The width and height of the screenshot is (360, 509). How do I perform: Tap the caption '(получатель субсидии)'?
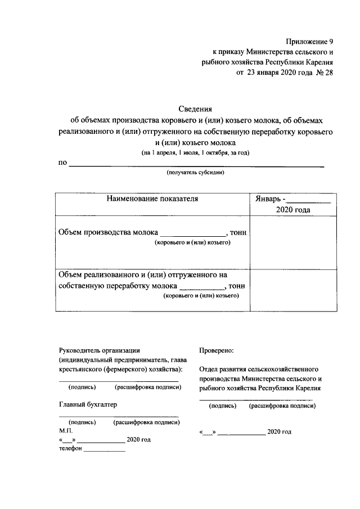coord(195,173)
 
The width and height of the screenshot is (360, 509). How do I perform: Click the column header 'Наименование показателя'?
coord(152,199)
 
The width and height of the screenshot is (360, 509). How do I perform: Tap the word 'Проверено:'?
coord(217,350)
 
